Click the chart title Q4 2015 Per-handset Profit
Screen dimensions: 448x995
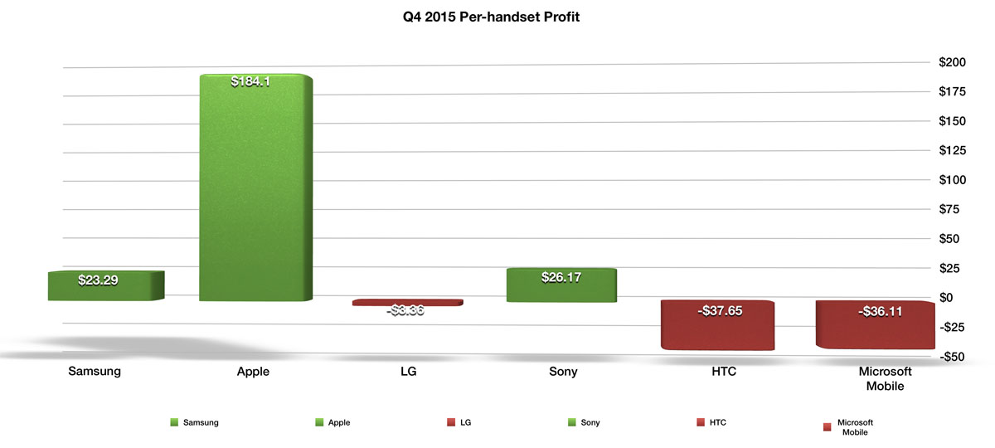click(x=485, y=17)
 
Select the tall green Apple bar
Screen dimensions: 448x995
click(x=256, y=191)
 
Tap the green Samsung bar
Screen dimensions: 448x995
click(x=105, y=285)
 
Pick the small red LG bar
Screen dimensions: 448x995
click(x=407, y=303)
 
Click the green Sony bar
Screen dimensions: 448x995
click(x=561, y=285)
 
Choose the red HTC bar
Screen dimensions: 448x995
click(x=717, y=325)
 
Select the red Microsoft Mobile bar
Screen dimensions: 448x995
click(x=875, y=325)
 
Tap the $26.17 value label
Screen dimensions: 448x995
click(x=561, y=278)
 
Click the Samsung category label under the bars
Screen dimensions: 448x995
click(x=95, y=372)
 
